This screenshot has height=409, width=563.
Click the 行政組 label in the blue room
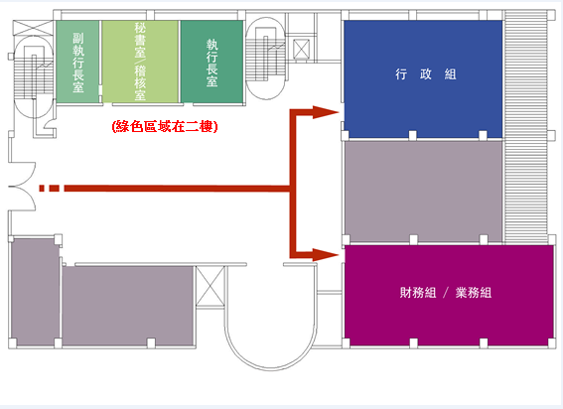point(426,74)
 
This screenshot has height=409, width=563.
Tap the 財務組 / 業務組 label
point(446,293)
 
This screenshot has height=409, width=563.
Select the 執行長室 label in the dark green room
point(211,63)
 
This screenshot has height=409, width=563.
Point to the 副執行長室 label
point(78,63)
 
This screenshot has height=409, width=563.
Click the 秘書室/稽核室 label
point(140,62)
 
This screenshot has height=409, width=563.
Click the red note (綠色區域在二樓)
point(165,126)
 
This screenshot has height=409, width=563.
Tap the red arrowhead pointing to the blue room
point(326,112)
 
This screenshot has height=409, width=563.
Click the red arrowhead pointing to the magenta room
point(326,255)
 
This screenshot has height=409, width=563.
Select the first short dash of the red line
point(42,189)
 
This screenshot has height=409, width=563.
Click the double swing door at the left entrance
point(22,187)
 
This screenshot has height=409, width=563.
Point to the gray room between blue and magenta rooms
point(424,191)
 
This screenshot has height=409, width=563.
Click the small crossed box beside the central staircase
point(302,49)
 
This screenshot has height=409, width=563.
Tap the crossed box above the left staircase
point(33,28)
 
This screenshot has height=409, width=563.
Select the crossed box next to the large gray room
point(210,286)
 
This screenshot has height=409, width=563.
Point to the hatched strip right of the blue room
point(525,127)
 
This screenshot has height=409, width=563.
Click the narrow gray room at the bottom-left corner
point(35,292)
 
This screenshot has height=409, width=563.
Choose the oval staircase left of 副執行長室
point(34,76)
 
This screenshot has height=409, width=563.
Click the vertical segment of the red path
point(293,184)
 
